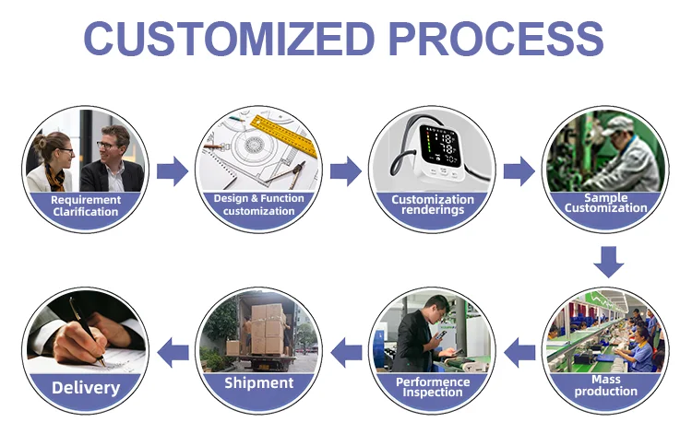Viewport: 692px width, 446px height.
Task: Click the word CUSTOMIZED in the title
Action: [230, 39]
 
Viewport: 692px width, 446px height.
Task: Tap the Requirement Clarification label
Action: [85, 205]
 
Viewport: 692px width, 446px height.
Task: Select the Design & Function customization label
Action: [258, 205]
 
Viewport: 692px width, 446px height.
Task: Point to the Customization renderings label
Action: [432, 205]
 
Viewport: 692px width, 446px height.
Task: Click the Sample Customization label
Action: [605, 203]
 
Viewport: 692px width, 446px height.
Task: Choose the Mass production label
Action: [605, 385]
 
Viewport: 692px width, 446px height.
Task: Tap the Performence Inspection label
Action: [432, 387]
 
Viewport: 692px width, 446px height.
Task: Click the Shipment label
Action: [258, 382]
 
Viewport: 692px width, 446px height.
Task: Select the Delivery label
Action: [85, 387]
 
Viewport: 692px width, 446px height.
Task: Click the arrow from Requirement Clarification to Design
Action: [172, 170]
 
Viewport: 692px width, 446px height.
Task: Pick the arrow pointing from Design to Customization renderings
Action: [345, 170]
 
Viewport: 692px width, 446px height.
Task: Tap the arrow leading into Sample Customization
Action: [519, 170]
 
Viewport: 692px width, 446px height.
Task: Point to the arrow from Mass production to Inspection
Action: [520, 350]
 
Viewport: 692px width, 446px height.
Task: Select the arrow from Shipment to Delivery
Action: [173, 350]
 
